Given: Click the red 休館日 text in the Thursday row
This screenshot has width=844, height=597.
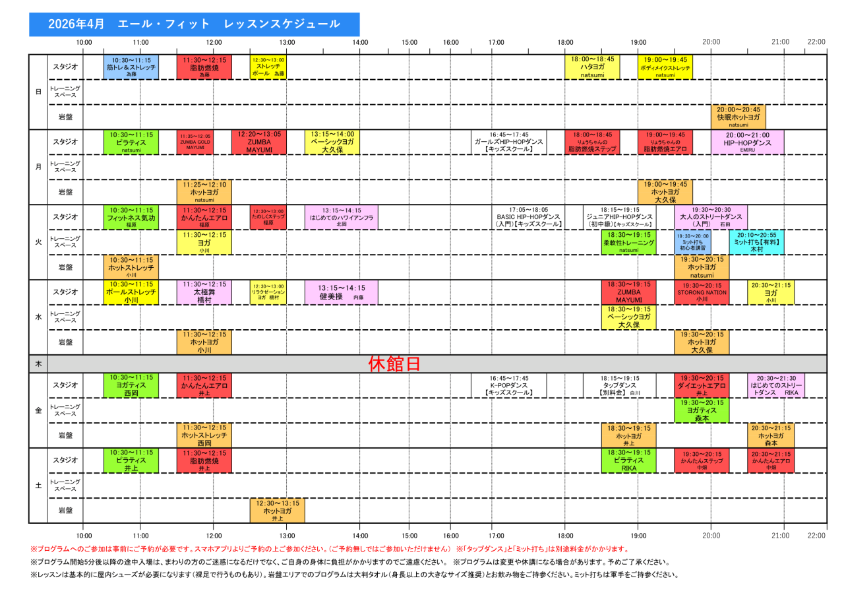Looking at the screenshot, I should pos(394,364).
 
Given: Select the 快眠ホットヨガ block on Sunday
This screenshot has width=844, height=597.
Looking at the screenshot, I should pos(738,117).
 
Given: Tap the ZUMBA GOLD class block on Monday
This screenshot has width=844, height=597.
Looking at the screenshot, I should pos(195,142).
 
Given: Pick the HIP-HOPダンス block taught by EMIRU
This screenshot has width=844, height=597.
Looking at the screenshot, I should pos(747,142).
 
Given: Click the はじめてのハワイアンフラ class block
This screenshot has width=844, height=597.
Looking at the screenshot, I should pos(341,217).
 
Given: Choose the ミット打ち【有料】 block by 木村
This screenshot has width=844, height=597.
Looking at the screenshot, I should pos(756,242).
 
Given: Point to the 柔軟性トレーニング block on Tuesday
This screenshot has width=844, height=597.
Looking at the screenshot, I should pos(628,242).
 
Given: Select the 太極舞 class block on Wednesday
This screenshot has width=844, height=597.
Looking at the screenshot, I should pos(204,292).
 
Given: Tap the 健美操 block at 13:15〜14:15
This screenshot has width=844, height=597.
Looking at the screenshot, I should pos(341,292).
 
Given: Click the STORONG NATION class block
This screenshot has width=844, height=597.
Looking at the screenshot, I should pos(702,292).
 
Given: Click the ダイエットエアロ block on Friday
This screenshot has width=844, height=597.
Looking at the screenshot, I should pos(702,385).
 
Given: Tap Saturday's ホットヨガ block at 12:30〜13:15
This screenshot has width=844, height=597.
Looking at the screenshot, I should pos(277,511).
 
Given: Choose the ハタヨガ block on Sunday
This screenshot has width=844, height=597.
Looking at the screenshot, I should pos(592,67).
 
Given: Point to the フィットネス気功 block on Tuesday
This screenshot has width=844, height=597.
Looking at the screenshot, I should pos(131,217).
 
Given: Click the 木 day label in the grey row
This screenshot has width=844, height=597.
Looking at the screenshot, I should pos(38,364).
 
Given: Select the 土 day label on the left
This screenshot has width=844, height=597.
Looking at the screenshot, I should pos(38,486).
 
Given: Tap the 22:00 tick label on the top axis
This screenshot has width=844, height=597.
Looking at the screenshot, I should pos(816,42).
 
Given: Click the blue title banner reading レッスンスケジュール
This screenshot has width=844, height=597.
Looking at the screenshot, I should pos(195,24).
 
